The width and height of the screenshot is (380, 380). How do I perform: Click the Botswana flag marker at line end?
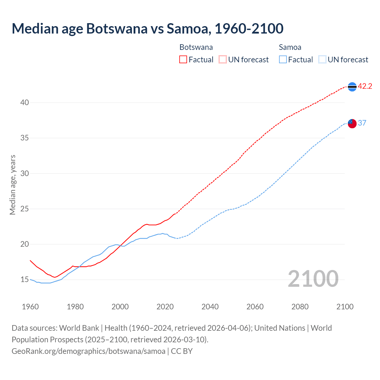coord(352,87)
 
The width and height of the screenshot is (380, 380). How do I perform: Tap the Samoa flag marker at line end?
coord(352,123)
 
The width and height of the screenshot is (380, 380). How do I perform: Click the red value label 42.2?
coord(365,86)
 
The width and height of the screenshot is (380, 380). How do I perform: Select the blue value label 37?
coord(362,123)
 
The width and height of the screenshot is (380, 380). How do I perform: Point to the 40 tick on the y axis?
coord(25,103)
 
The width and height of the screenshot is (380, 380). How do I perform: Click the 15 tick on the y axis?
coord(25,280)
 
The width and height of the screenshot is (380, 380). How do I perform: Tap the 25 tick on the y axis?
coord(25,209)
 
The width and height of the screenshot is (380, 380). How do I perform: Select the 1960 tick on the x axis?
coord(30,307)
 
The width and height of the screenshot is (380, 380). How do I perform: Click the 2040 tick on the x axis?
coord(210,307)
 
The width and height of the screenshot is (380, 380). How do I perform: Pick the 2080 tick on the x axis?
coord(300,307)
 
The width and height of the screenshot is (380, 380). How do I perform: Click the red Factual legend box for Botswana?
coord(183,60)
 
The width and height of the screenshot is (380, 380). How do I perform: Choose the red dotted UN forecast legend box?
coord(223,60)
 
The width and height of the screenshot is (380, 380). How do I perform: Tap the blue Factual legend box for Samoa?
coord(283,60)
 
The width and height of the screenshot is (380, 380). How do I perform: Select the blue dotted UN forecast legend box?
coord(322,60)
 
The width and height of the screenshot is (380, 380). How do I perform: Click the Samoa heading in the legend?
coord(290,47)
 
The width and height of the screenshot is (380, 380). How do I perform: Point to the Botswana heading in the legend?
coord(196,47)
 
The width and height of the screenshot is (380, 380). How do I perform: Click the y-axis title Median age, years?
coord(12,185)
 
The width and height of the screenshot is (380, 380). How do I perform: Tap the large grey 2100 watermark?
coord(313,279)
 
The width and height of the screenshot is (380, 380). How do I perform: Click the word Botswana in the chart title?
coord(117,28)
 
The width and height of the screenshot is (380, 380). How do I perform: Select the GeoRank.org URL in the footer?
coord(88,351)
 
